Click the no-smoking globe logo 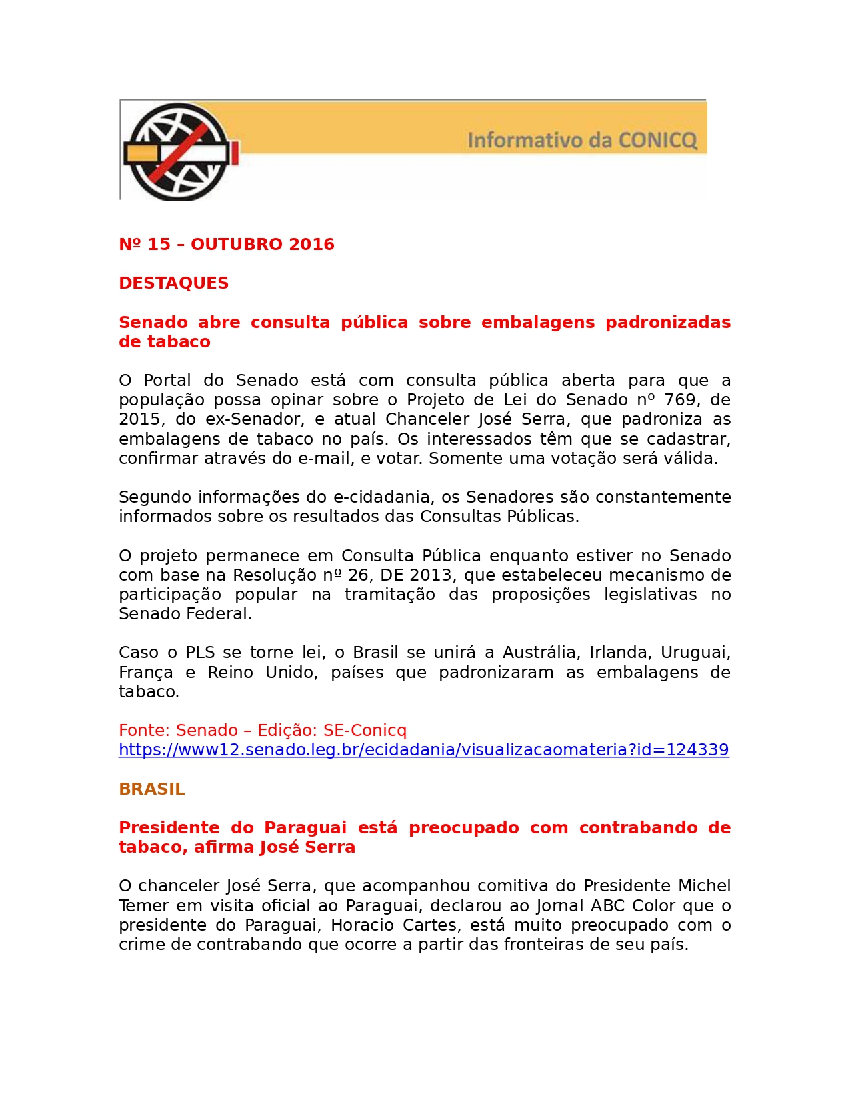pos(179,151)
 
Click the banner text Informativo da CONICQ pos(582,141)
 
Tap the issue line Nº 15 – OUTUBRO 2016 pos(226,245)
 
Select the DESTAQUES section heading pos(173,283)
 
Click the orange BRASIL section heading pos(151,789)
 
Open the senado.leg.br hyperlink pos(423,750)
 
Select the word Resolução pos(274,575)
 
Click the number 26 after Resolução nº pos(359,575)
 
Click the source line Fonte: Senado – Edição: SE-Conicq pos(262,731)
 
